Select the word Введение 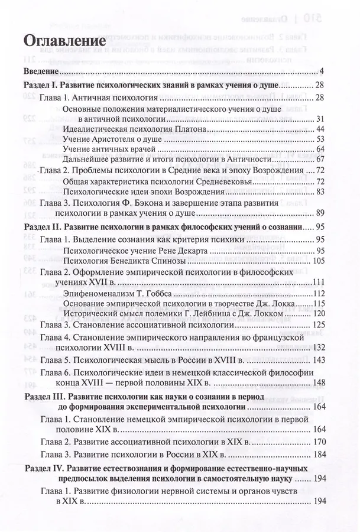pyautogui.click(x=43, y=72)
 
